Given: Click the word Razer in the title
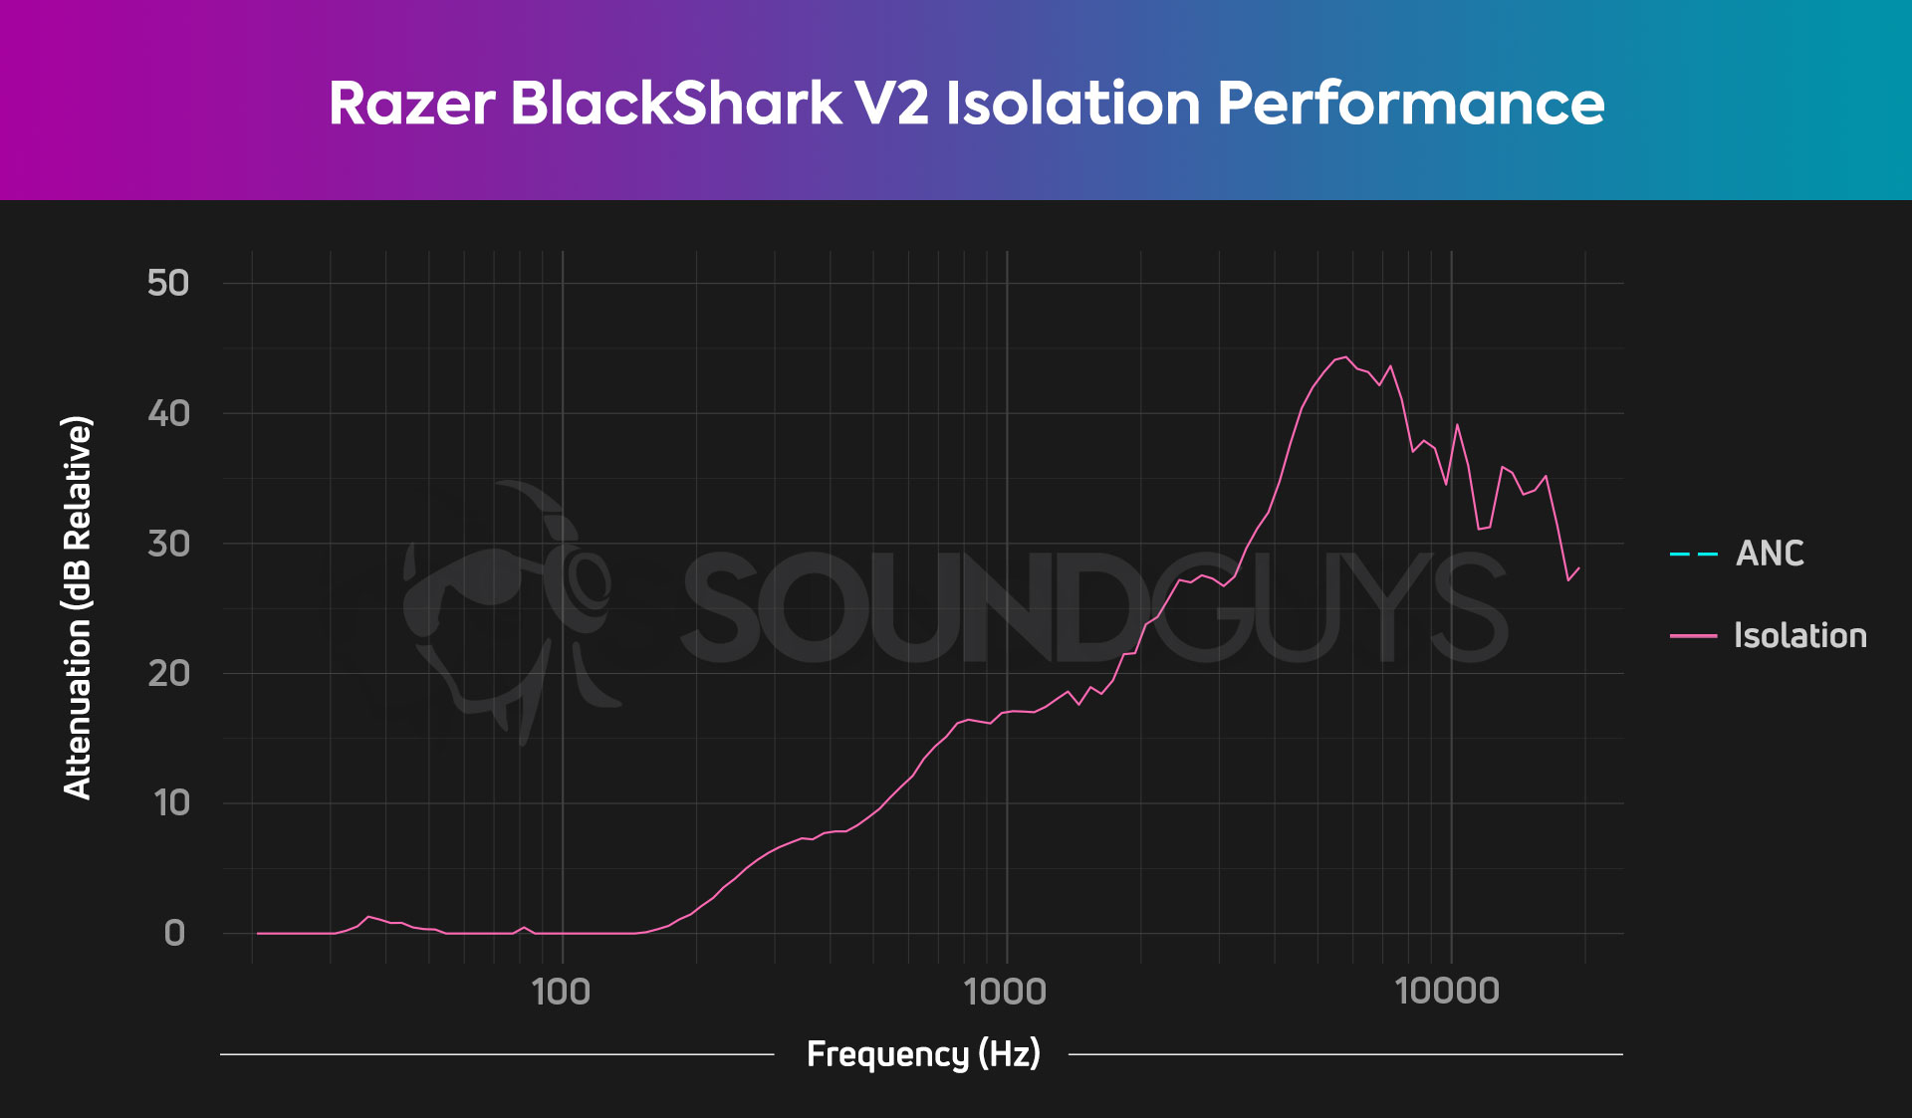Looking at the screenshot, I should (x=411, y=104).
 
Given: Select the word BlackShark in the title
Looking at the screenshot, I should (x=676, y=104).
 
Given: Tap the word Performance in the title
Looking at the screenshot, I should (x=1410, y=104).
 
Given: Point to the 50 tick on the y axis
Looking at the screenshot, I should (x=167, y=283).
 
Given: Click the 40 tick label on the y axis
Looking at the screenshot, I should (x=167, y=413).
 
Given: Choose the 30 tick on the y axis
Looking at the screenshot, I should (x=167, y=544).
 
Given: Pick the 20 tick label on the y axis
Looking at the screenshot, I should (x=167, y=674).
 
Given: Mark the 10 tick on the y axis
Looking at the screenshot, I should (x=171, y=803).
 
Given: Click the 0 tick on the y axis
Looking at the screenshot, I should (x=174, y=933).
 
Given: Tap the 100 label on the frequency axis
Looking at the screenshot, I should (x=562, y=992).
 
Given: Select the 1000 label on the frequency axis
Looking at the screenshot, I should (x=1006, y=992).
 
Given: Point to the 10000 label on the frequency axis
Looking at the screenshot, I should (x=1447, y=992).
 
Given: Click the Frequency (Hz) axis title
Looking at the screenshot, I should (x=923, y=1053).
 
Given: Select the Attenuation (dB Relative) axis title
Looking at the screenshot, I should (x=78, y=607).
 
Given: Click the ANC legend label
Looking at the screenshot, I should (x=1770, y=554).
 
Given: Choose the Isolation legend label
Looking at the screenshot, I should (x=1799, y=635).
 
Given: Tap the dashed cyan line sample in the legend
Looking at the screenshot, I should (x=1693, y=554).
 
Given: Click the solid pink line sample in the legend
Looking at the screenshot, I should (x=1693, y=635).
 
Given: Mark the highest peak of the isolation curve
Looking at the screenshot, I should (x=1345, y=356).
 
